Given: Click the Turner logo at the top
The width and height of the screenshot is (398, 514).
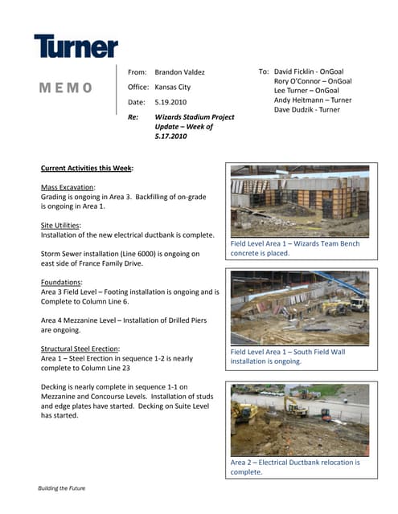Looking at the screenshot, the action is pyautogui.click(x=76, y=47).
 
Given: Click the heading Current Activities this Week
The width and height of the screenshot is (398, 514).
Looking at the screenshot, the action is pyautogui.click(x=87, y=169).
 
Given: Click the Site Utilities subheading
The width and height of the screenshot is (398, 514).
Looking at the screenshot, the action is pyautogui.click(x=61, y=226).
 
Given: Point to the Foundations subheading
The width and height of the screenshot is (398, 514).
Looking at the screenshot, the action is pyautogui.click(x=61, y=283).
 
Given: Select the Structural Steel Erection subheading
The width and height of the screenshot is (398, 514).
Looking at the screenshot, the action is pyautogui.click(x=80, y=349).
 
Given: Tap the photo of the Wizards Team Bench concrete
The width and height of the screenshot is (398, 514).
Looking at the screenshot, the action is pyautogui.click(x=299, y=201).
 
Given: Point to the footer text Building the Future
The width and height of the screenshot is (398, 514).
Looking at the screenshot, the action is pyautogui.click(x=62, y=488).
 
